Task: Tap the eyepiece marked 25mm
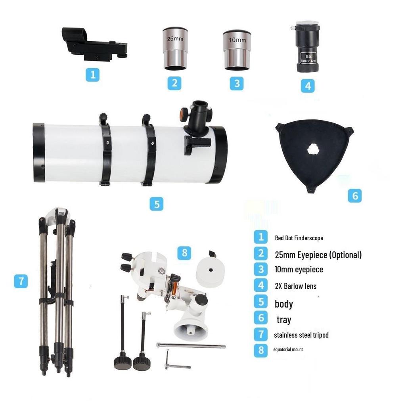(174, 49)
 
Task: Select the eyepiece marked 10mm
(237, 50)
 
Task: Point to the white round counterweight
(210, 271)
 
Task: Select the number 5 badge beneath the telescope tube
(157, 204)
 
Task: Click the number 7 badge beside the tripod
(21, 281)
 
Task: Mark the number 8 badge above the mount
(184, 253)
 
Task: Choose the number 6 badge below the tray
(355, 195)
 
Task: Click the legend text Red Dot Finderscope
(299, 238)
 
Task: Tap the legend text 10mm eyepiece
(299, 270)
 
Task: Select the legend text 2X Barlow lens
(295, 286)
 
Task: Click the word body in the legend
(284, 304)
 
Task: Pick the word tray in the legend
(284, 320)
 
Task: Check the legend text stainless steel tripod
(301, 335)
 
